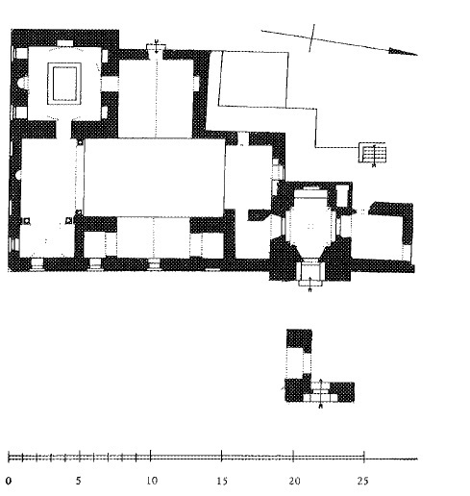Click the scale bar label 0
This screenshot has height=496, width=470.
9,481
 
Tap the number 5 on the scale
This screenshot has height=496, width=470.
79,481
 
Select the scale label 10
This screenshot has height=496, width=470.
152,481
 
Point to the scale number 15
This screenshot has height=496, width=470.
222,481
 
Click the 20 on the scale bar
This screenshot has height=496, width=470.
295,481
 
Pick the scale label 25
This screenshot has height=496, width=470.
363,481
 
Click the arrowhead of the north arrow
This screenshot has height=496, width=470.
403,52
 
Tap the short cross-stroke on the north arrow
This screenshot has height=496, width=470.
311,37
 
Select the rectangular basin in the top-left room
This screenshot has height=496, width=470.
64,84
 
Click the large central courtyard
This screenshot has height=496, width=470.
154,177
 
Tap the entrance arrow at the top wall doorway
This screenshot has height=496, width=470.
156,47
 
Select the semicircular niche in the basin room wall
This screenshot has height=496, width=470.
21,84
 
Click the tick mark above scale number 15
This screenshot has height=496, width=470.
222,456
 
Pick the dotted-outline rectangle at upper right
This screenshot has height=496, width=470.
254,79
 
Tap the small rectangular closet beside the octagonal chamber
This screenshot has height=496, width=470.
342,195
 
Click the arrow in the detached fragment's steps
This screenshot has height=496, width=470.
321,393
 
